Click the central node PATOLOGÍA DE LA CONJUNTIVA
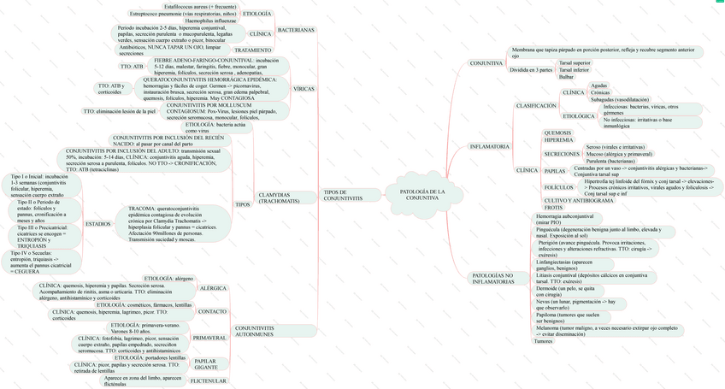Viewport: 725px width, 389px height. (422, 195)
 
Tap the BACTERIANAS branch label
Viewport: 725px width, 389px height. (296, 30)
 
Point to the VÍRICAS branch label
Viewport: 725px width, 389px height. (304, 88)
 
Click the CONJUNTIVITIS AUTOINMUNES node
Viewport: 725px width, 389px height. (254, 331)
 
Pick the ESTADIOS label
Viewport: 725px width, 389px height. (98, 223)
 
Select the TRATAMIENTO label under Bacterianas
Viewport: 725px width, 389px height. (253, 50)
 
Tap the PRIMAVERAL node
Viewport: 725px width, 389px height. (209, 338)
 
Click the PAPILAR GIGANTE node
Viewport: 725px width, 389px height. (205, 363)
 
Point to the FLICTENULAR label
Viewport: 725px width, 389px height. (208, 380)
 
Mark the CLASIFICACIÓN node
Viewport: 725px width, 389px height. (535, 106)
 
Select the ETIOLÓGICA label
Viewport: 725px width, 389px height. (578, 115)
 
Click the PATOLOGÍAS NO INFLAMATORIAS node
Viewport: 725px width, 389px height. (493, 278)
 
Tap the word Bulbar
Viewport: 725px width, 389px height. (566, 77)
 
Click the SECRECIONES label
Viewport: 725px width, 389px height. (562, 154)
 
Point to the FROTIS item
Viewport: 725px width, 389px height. (553, 208)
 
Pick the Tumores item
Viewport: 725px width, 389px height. (543, 341)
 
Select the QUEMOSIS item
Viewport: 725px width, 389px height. (557, 133)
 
